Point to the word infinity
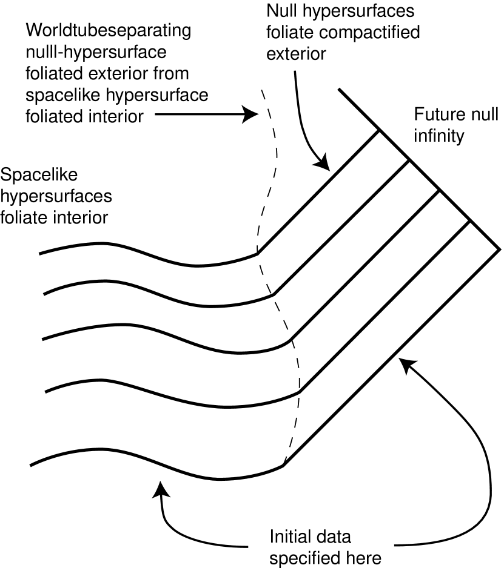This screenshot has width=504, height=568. tap(438, 136)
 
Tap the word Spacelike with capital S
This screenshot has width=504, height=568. tap(40, 175)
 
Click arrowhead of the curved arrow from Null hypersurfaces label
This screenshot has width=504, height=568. tap(322, 164)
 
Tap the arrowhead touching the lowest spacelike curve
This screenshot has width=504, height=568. tap(160, 488)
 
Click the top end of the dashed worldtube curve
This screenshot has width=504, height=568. tap(261, 90)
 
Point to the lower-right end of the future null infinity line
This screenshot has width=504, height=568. tap(499, 249)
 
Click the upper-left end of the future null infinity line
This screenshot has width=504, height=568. tap(339, 90)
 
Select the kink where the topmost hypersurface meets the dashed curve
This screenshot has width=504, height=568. tap(257, 253)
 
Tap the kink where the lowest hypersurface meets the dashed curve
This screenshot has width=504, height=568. tap(283, 465)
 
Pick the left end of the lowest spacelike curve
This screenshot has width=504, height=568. tap(30, 465)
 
